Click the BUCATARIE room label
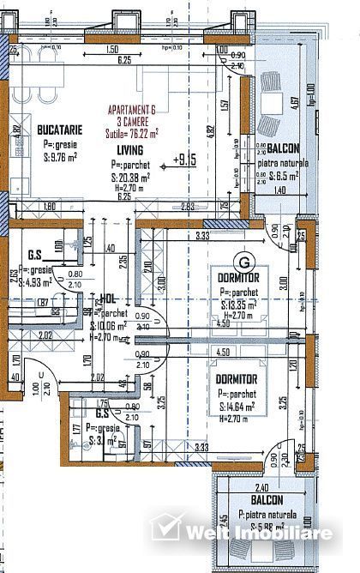[x=59, y=130]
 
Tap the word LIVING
[x=131, y=148]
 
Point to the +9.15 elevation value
[x=184, y=159]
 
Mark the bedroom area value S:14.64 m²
[x=239, y=406]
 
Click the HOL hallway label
[x=108, y=298]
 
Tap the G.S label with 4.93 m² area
[x=35, y=255]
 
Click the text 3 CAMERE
[x=131, y=122]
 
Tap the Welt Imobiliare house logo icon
[x=165, y=524]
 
